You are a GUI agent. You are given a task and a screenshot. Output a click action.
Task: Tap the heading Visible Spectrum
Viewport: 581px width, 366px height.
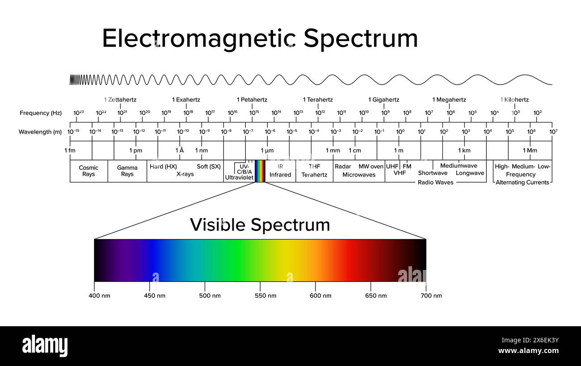pyautogui.click(x=260, y=224)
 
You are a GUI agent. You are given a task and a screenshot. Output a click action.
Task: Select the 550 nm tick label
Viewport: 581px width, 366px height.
pyautogui.click(x=261, y=296)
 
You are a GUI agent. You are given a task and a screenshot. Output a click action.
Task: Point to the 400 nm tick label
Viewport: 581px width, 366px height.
pyautogui.click(x=99, y=296)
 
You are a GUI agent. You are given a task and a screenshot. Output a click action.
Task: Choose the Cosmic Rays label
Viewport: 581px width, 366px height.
pyautogui.click(x=88, y=171)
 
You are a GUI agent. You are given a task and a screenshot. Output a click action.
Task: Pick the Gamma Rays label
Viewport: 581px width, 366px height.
pyautogui.click(x=127, y=171)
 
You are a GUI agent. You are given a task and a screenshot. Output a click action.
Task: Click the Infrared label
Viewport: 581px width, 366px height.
pyautogui.click(x=280, y=175)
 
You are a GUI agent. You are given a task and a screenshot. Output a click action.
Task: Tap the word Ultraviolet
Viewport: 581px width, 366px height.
pyautogui.click(x=239, y=177)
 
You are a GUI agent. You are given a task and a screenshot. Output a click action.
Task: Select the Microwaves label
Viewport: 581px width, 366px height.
pyautogui.click(x=359, y=175)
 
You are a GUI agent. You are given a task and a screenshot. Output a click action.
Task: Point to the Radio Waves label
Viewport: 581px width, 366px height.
pyautogui.click(x=435, y=182)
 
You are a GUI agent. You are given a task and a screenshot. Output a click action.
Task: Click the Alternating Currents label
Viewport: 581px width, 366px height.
pyautogui.click(x=522, y=182)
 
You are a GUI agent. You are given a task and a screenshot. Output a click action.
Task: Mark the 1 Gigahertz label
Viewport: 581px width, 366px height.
pyautogui.click(x=383, y=100)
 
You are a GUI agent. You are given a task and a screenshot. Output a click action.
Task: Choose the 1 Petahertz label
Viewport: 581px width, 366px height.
pyautogui.click(x=252, y=100)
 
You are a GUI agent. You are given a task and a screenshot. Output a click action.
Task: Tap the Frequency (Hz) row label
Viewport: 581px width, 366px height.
pyautogui.click(x=41, y=113)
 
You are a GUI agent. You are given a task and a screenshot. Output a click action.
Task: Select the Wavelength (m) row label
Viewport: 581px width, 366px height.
pyautogui.click(x=40, y=132)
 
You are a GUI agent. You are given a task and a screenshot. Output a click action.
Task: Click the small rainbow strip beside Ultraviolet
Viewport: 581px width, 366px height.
pyautogui.click(x=260, y=171)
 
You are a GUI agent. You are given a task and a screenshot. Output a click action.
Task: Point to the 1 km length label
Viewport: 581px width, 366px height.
pyautogui.click(x=464, y=151)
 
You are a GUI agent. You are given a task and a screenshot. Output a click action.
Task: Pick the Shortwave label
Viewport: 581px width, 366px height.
pyautogui.click(x=433, y=173)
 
